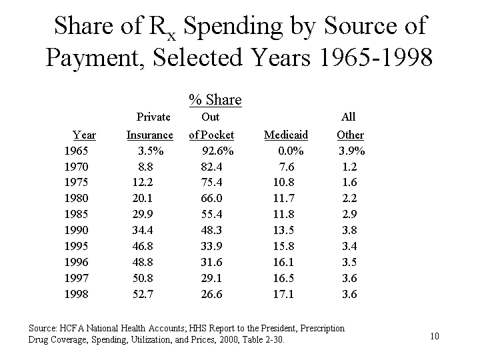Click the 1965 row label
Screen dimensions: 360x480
tap(76, 151)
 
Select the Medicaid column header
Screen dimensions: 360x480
tap(285, 135)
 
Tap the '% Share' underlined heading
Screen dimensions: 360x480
tap(215, 100)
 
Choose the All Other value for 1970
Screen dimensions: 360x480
tap(349, 167)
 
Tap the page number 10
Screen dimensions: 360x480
tap(435, 336)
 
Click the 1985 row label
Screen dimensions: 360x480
tap(76, 214)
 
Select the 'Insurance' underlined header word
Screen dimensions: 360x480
tap(149, 135)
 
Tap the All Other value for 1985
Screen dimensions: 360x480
tap(349, 214)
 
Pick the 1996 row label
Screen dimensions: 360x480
tap(76, 262)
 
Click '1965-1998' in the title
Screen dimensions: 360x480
tap(376, 58)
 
